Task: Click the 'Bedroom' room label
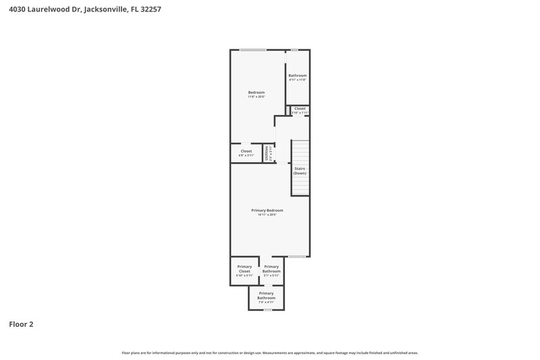tap(256, 92)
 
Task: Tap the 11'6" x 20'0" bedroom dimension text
tap(256, 97)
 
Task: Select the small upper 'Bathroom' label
tap(298, 75)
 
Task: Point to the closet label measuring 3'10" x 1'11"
tap(300, 112)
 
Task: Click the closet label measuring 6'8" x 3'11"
tap(246, 153)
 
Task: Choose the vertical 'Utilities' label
tap(267, 153)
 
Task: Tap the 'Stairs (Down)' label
tap(300, 171)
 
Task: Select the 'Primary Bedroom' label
tap(267, 210)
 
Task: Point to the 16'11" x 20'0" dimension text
tap(267, 215)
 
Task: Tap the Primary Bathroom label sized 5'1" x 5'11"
tap(271, 271)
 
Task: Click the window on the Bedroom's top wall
tap(253, 50)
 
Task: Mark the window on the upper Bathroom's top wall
tap(294, 50)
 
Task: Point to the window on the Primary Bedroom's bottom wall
tap(297, 257)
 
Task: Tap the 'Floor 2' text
tap(21, 324)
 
